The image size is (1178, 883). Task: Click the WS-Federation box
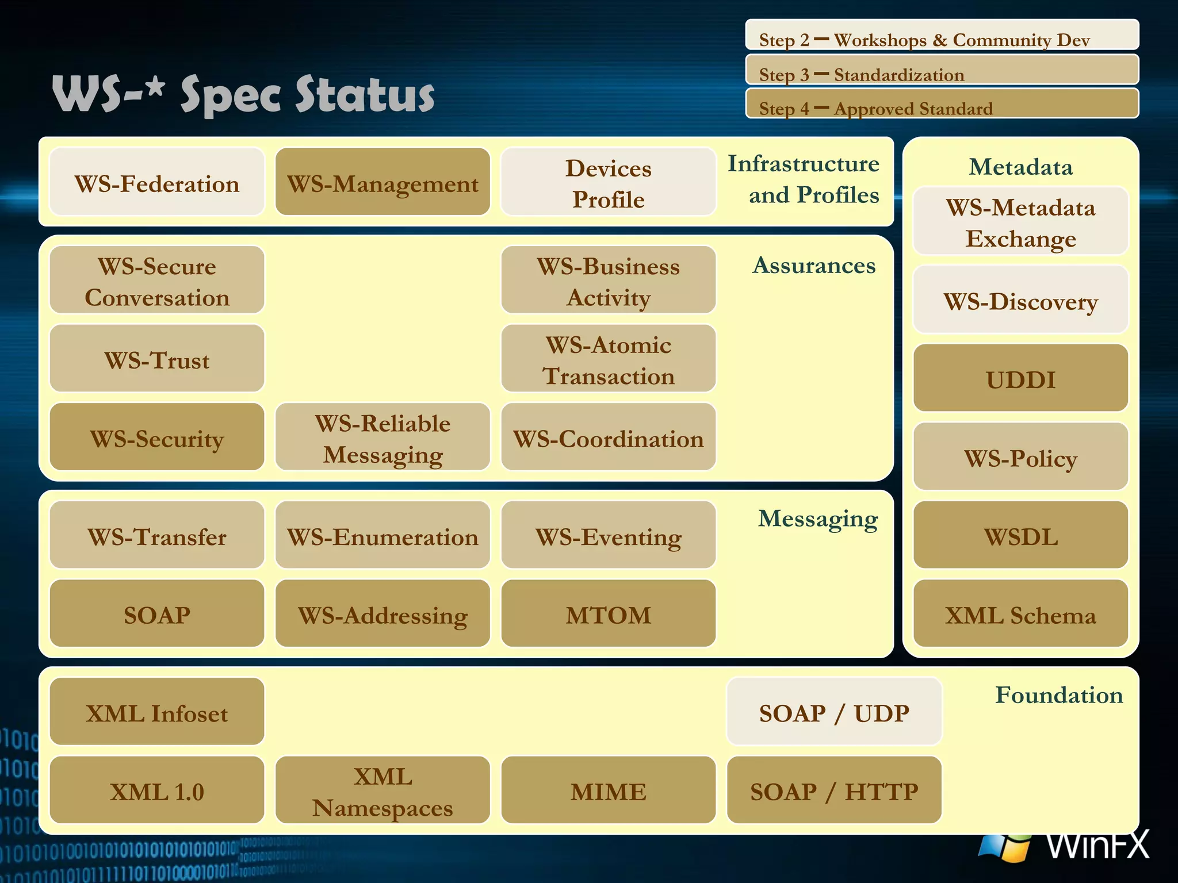[x=156, y=182]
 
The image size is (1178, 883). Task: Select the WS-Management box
[x=383, y=182]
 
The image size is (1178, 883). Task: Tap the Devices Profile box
[x=608, y=182]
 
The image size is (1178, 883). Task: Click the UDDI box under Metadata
[x=1020, y=378]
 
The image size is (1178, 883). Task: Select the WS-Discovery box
[x=1020, y=300]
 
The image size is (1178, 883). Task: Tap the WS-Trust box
[x=156, y=359]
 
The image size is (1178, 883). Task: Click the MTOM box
[x=608, y=613]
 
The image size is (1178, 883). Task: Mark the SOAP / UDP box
[x=833, y=712]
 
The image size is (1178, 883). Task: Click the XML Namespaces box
[x=383, y=790]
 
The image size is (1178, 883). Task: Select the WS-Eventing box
[x=608, y=535]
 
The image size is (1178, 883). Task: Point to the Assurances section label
[x=813, y=265]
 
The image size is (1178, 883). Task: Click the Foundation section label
[x=1058, y=694]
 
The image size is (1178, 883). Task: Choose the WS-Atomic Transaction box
[x=608, y=359]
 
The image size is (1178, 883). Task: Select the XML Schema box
[x=1020, y=613]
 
